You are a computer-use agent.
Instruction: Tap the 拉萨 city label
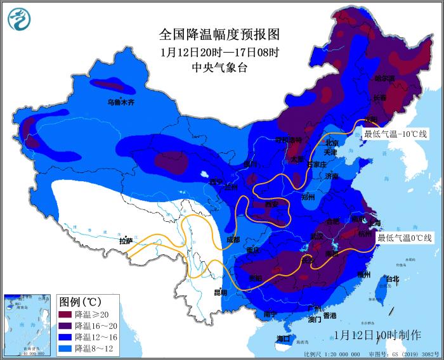coord(126,241)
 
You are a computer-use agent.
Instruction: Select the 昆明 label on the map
coord(219,292)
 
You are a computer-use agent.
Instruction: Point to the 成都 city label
coord(233,240)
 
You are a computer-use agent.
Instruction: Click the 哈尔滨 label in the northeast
coord(384,79)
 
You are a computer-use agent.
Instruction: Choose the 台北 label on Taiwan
coord(393,279)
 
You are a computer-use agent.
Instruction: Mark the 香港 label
coord(330,315)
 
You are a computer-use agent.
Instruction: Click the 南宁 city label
coord(270,313)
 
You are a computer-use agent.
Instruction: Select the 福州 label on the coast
coord(363,274)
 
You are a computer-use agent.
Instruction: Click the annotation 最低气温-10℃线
coord(395,134)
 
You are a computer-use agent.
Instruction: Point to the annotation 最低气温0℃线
coord(405,238)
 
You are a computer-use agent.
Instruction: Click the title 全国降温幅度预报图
coord(219,34)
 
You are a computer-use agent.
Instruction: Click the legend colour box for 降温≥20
coord(66,314)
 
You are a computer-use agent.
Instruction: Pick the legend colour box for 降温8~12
coord(66,348)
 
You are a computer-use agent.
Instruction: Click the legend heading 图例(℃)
coord(80,300)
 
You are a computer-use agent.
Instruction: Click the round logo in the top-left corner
coord(20,19)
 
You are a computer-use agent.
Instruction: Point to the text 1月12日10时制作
coord(377,334)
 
